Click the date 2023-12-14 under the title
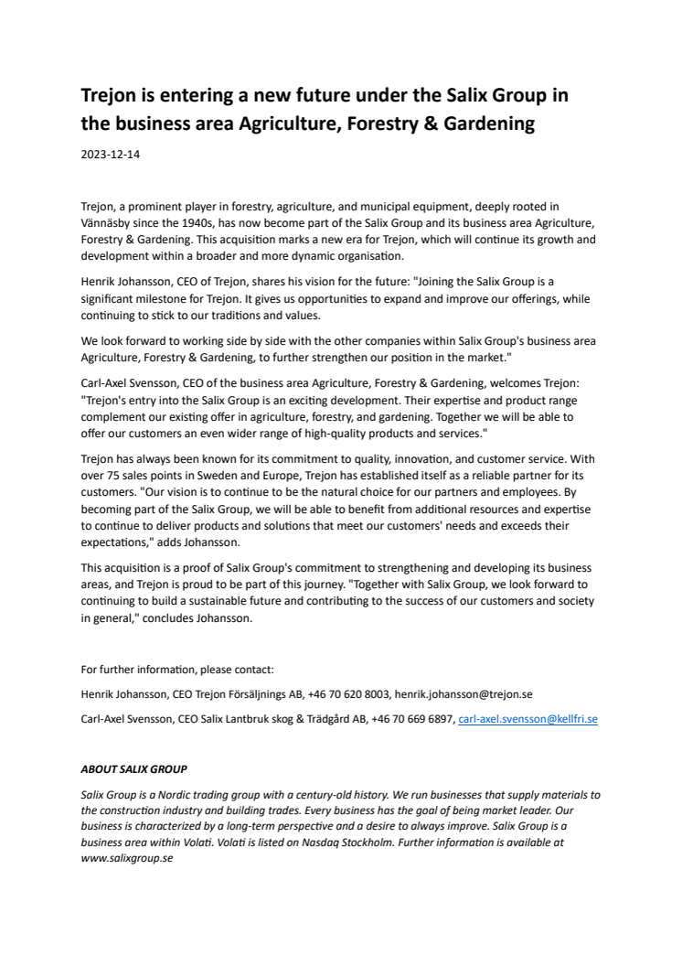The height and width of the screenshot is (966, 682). (x=110, y=156)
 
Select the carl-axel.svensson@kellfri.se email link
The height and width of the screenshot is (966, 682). (x=527, y=720)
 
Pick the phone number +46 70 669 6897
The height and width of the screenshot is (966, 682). (x=412, y=720)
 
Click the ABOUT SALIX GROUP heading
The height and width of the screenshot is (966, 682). (x=133, y=769)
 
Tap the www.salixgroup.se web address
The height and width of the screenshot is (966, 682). (x=127, y=859)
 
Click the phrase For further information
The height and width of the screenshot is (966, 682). (x=133, y=669)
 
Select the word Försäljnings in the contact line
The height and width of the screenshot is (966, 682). (x=268, y=694)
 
